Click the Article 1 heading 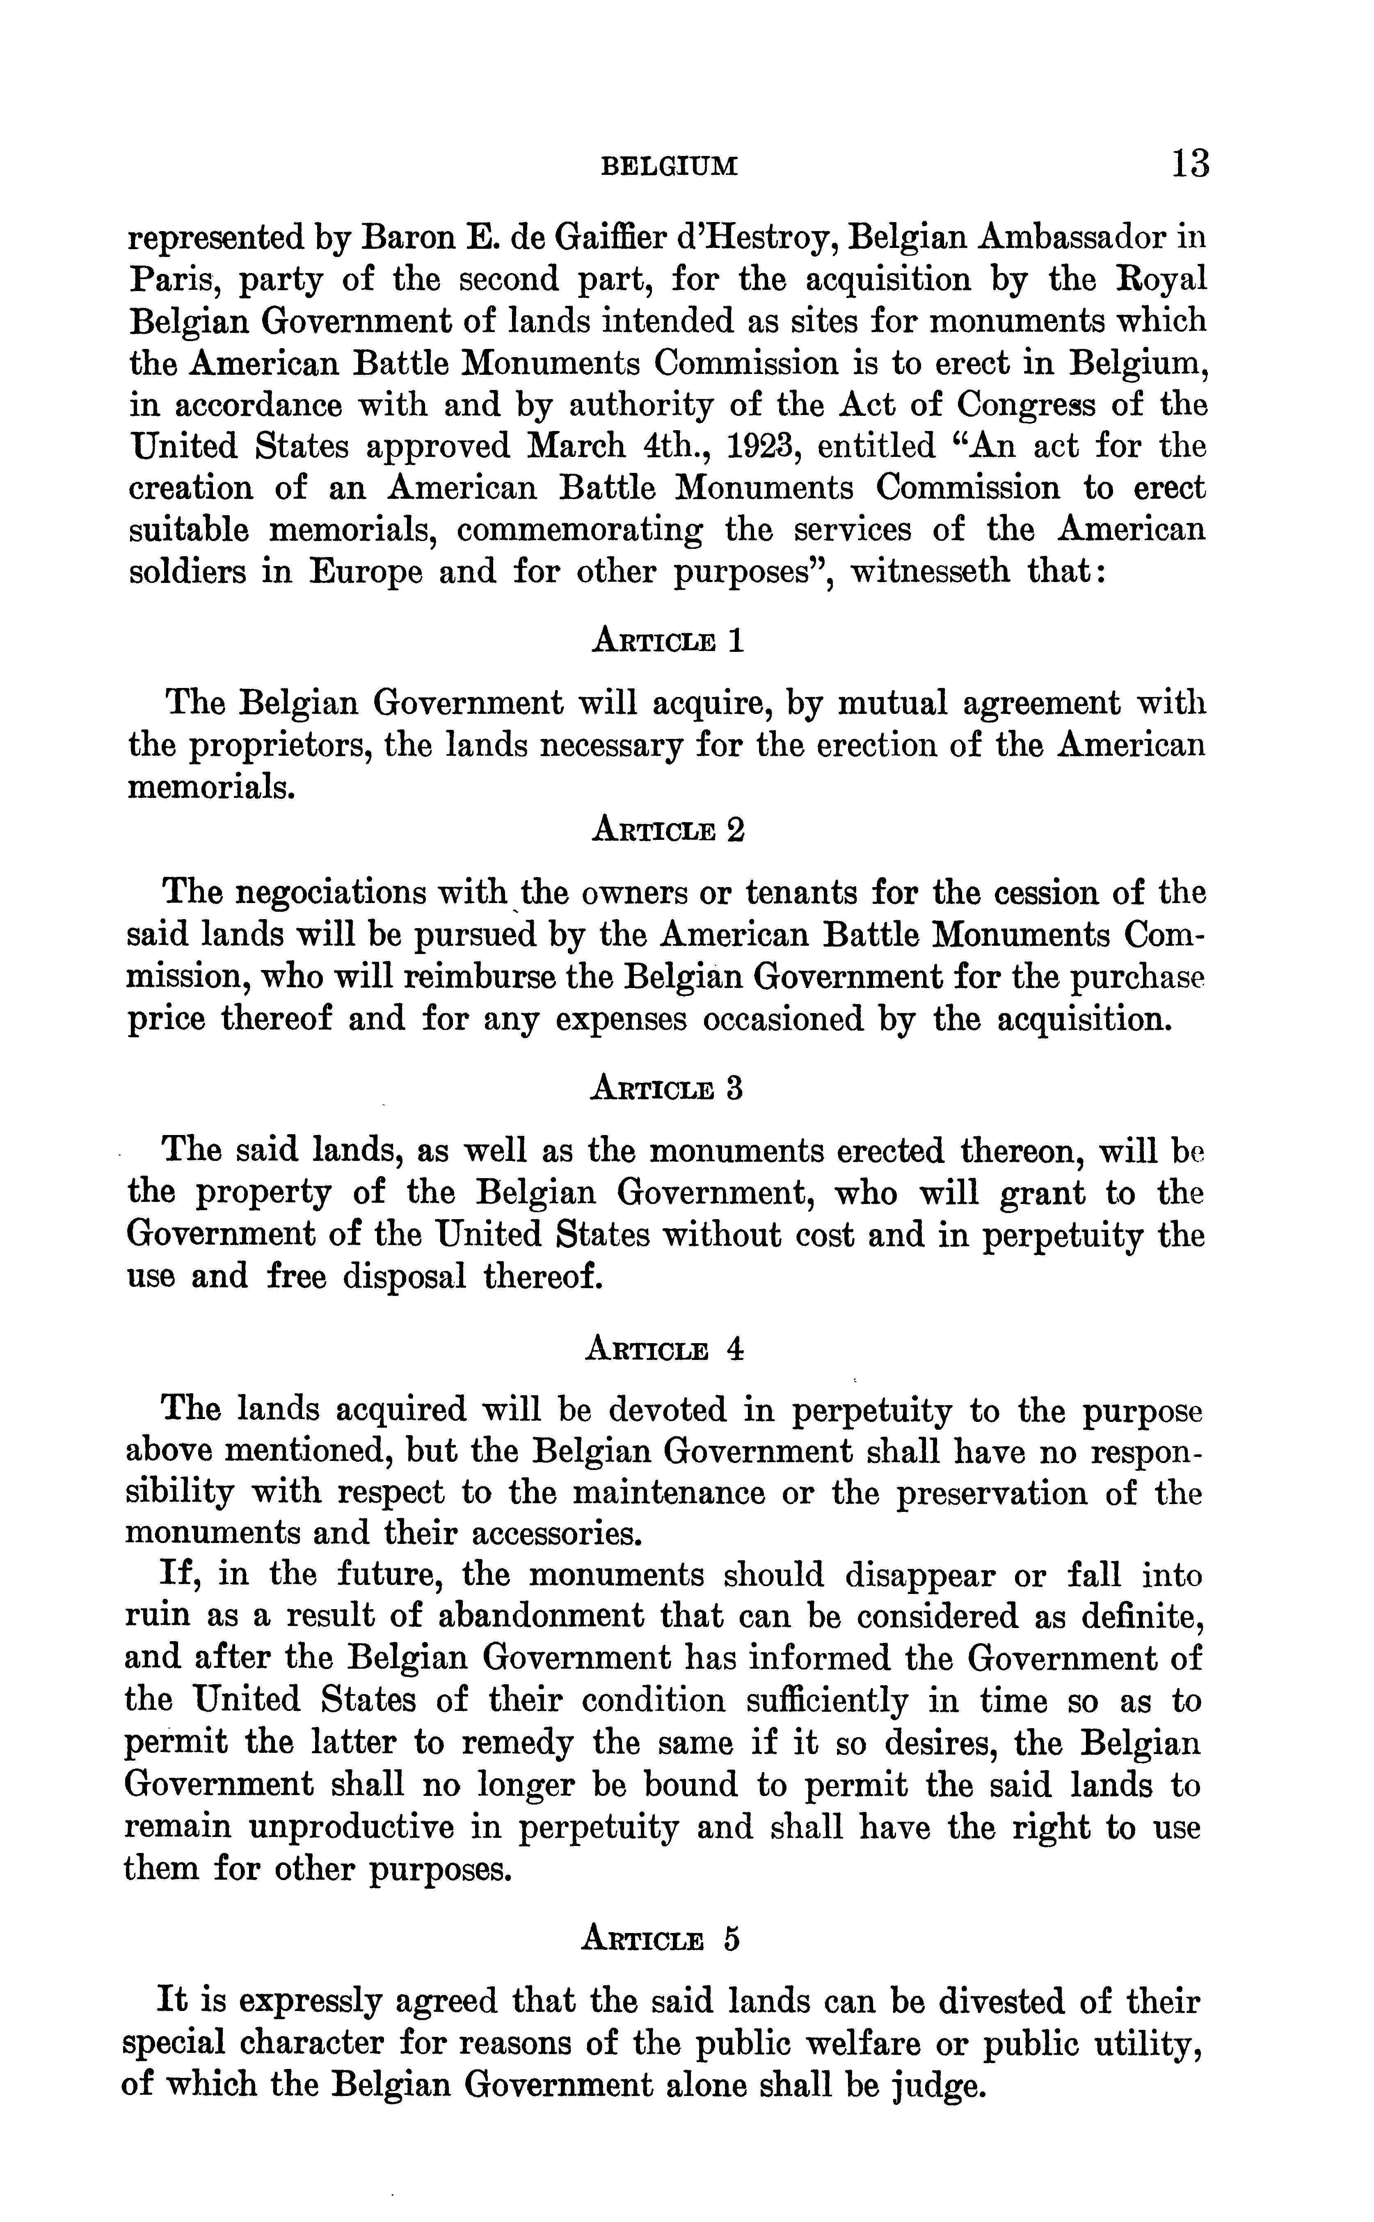click(668, 641)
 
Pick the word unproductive click(352, 1828)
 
